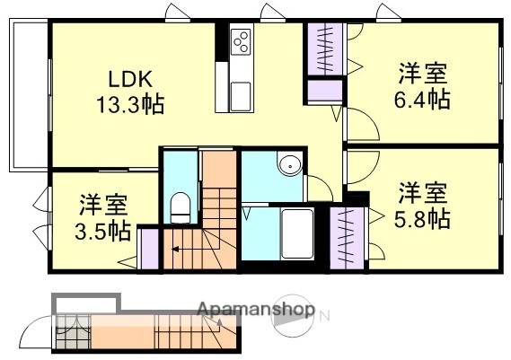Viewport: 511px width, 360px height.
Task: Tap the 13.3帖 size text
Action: click(x=131, y=105)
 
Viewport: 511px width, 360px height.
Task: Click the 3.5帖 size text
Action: click(x=100, y=231)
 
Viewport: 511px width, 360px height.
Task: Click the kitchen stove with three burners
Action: click(x=242, y=40)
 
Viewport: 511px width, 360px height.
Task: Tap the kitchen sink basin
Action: click(x=242, y=92)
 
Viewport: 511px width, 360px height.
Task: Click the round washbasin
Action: click(x=288, y=166)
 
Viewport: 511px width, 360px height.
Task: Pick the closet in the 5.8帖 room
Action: click(x=346, y=238)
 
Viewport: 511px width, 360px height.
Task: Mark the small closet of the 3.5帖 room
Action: click(x=148, y=248)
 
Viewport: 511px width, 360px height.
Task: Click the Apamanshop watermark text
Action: click(x=255, y=312)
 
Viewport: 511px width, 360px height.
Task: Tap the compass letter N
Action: click(x=325, y=314)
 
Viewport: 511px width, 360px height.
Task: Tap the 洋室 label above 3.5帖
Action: click(x=100, y=204)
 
